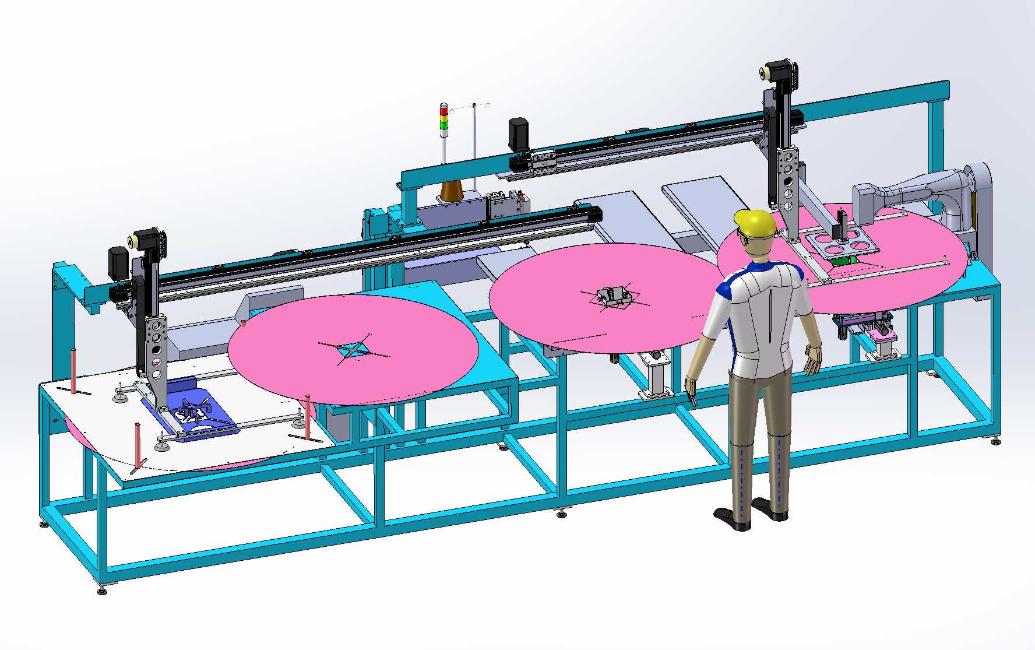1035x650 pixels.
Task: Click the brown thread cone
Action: click(452, 191)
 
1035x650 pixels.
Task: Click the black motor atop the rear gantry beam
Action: click(517, 133)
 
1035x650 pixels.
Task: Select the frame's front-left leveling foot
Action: click(102, 590)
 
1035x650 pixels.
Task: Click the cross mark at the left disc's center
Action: click(353, 350)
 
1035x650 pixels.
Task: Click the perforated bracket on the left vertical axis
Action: click(156, 344)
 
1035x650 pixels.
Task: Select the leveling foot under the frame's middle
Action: click(561, 514)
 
